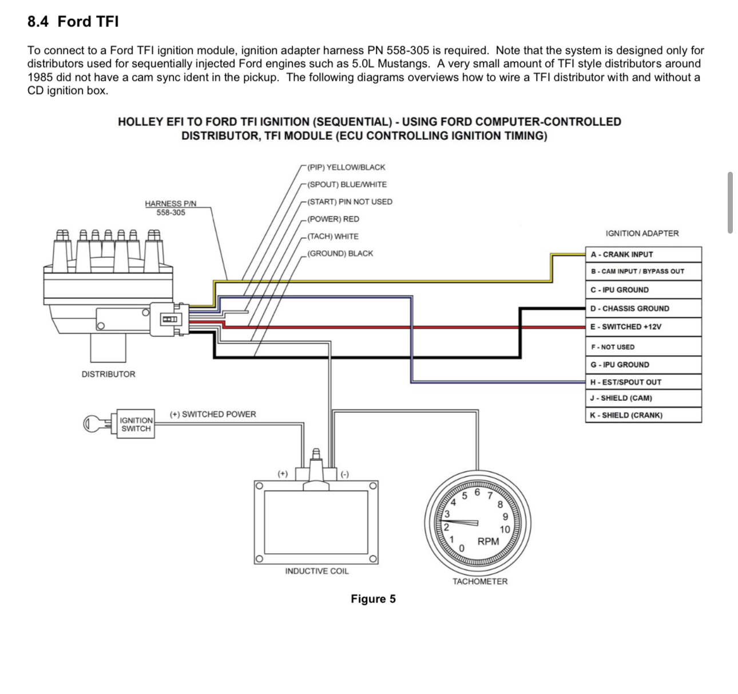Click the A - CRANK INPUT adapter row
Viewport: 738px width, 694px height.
click(643, 255)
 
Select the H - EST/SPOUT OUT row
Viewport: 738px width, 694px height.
click(643, 382)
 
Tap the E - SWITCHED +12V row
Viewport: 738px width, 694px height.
click(643, 327)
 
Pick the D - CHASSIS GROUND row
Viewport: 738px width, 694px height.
click(643, 309)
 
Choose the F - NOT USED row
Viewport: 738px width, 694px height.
click(643, 347)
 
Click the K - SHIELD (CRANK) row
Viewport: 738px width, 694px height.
click(643, 415)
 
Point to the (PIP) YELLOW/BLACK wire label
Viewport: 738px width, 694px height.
click(346, 167)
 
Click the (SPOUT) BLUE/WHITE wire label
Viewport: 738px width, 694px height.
click(347, 184)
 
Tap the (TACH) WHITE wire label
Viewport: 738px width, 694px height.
click(332, 236)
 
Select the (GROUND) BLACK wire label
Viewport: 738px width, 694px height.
click(340, 254)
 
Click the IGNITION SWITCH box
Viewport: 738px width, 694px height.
click(136, 424)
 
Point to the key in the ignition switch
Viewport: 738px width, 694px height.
click(97, 424)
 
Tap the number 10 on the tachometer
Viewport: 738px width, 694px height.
click(505, 530)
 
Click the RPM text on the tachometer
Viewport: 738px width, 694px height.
click(488, 542)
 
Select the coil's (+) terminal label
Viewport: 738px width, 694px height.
click(283, 474)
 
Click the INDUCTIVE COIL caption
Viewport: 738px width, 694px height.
click(316, 571)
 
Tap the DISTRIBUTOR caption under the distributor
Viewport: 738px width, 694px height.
click(109, 374)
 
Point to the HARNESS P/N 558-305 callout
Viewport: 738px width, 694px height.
click(170, 208)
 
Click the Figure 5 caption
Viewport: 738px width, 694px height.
click(373, 599)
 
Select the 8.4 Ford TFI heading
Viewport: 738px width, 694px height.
click(73, 22)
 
